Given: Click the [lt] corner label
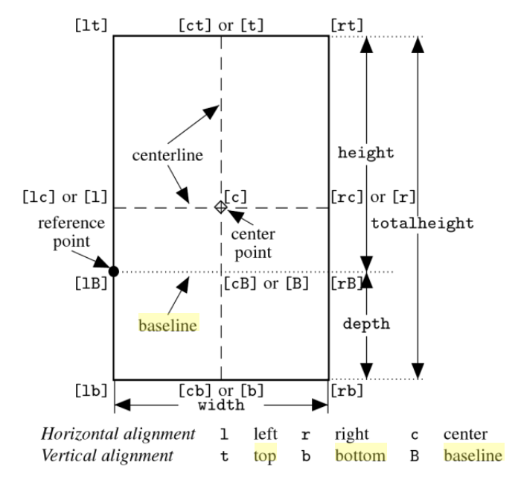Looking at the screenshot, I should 92,24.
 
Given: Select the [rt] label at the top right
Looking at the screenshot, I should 347,24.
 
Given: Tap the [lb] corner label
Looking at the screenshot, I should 92,391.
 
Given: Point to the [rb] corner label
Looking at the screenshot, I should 347,391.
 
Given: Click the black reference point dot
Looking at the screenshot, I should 113,271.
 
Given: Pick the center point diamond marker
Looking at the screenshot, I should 220,207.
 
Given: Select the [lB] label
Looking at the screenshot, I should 92,283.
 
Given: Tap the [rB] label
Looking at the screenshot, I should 347,283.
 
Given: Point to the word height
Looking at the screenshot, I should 365,153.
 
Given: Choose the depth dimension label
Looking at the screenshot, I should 365,325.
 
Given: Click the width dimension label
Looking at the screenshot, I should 221,405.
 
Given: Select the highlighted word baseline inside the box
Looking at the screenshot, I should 168,326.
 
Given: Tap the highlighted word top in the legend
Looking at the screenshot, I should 264,454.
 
